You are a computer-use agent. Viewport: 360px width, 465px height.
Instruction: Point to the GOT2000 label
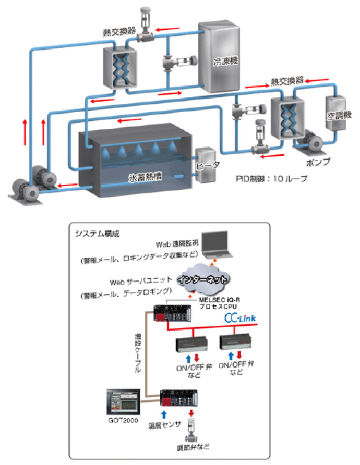click(x=121, y=421)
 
